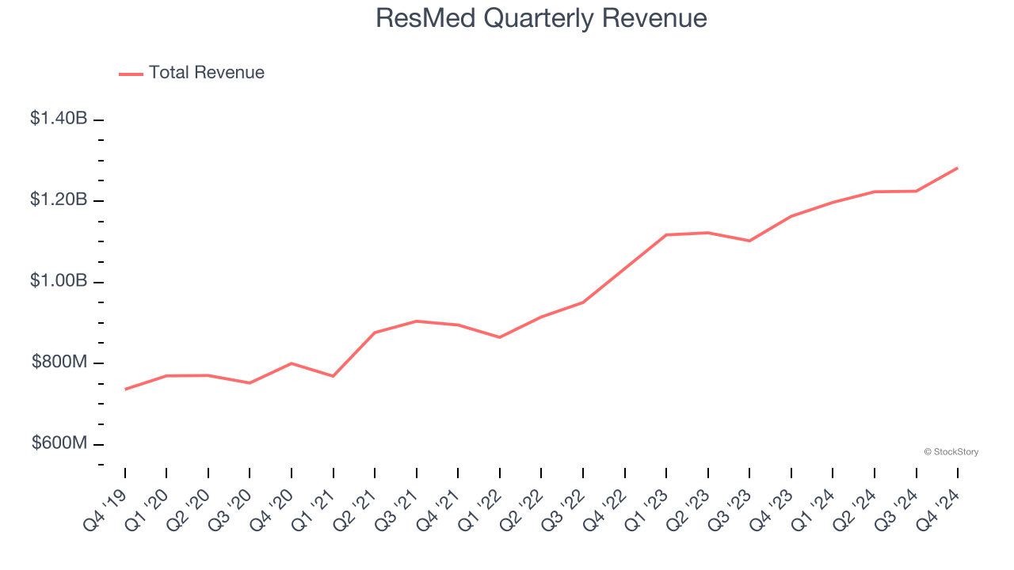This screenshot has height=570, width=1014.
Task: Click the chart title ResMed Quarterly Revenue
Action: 541,18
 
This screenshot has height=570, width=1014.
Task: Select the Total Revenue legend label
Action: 206,73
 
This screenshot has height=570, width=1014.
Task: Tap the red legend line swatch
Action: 131,74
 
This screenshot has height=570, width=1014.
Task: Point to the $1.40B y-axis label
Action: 59,119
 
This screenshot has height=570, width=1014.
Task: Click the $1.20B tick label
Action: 59,200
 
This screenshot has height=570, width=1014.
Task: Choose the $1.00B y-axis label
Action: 59,282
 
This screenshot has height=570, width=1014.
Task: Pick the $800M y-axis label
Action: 59,363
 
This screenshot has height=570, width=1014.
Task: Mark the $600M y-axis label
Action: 59,443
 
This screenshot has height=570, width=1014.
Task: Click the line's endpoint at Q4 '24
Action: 957,168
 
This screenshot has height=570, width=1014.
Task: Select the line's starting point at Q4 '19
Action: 125,389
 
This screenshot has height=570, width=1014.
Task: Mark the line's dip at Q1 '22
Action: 499,337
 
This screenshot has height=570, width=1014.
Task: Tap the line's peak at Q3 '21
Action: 416,321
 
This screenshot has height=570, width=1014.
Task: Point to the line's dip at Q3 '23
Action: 749,241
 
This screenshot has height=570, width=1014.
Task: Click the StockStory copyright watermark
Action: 951,452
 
